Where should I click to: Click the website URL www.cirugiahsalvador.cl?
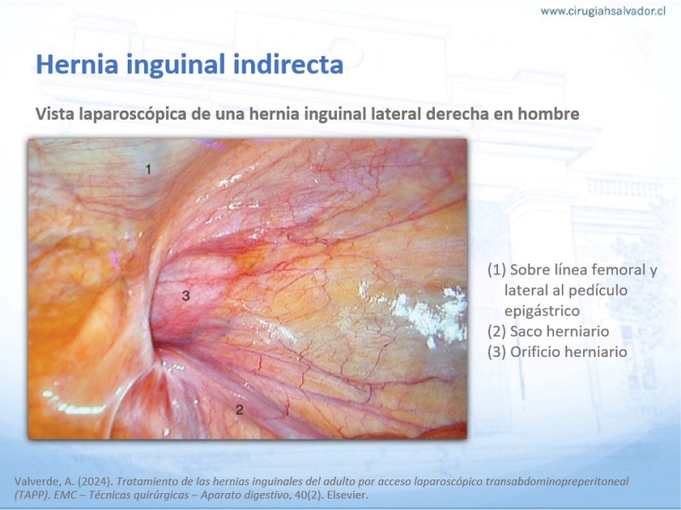coord(603,11)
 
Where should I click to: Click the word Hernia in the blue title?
coord(77,65)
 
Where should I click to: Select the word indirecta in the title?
coord(288,65)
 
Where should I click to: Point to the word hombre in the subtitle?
coord(548,114)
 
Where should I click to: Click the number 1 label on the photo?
coord(148,169)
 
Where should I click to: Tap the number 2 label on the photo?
coord(239,410)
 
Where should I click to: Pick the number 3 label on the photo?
coord(186,296)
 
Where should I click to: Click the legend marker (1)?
coord(496,269)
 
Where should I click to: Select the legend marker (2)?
coord(496,331)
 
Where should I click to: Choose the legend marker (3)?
coord(496,352)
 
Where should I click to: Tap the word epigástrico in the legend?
coord(542,311)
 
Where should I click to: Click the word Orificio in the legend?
coord(535,352)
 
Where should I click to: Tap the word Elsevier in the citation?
coord(347,495)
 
